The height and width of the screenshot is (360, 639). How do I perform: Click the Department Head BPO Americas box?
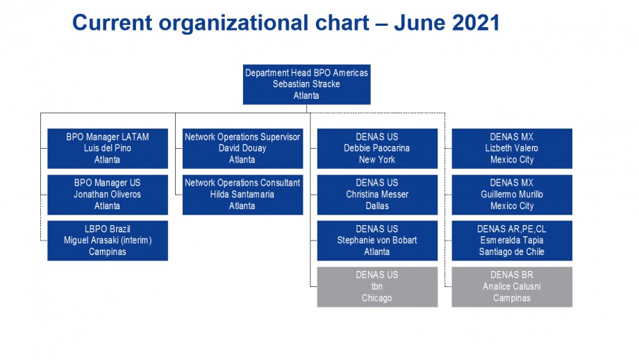click(306, 84)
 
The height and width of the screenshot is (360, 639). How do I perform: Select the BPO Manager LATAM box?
click(108, 149)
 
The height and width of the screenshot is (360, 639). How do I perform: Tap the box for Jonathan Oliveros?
click(108, 195)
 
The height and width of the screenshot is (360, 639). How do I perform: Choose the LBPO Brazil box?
click(108, 240)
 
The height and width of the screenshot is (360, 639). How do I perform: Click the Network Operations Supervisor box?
click(242, 149)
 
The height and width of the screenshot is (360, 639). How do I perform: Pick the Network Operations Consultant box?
click(242, 195)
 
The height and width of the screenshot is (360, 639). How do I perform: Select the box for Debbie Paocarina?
click(377, 149)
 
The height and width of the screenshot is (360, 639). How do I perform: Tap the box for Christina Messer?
click(377, 195)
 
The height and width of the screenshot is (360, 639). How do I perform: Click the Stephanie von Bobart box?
click(377, 240)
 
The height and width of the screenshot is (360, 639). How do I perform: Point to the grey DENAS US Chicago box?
click(377, 286)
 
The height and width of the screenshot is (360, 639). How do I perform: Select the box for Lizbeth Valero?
click(512, 149)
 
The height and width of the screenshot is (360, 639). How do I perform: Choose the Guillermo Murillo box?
click(512, 195)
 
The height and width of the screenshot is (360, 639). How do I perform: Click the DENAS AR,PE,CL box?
click(512, 240)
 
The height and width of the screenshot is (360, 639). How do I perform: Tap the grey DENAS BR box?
click(512, 286)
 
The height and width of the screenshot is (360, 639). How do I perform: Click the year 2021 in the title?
click(476, 22)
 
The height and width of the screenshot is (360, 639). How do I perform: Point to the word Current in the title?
click(112, 22)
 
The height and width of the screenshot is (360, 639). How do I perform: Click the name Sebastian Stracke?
click(306, 84)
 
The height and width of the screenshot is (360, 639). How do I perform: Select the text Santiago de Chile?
click(512, 252)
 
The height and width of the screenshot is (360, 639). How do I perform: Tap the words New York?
click(377, 159)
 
